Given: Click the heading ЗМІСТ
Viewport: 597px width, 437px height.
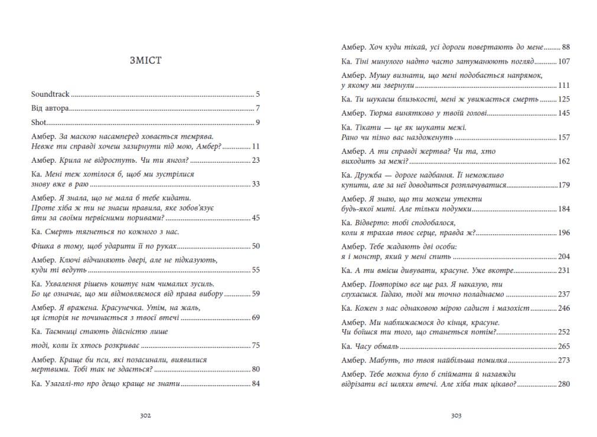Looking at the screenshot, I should coord(145,60).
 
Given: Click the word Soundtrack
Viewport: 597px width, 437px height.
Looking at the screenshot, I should coord(50,94).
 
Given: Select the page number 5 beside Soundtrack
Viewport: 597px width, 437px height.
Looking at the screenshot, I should coord(258,94).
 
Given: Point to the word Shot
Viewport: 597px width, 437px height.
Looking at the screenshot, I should coord(38,123).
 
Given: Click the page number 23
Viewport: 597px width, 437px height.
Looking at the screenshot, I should coord(256,160).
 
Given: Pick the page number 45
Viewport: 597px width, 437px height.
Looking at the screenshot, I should coord(256,218).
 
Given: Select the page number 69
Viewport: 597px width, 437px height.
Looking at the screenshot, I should coord(256,317).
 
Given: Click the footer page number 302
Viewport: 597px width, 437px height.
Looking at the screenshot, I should coord(145,415).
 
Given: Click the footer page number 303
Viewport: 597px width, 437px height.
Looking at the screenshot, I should coord(455,415).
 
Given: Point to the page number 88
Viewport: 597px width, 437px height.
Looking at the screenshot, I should coord(566,47).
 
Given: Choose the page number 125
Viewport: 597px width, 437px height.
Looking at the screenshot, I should coord(563,99).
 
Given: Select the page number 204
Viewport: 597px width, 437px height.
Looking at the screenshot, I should coord(563,257).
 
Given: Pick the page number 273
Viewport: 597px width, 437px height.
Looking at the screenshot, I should coord(563,360).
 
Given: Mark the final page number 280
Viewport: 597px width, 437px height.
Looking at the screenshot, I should coord(563,384).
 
